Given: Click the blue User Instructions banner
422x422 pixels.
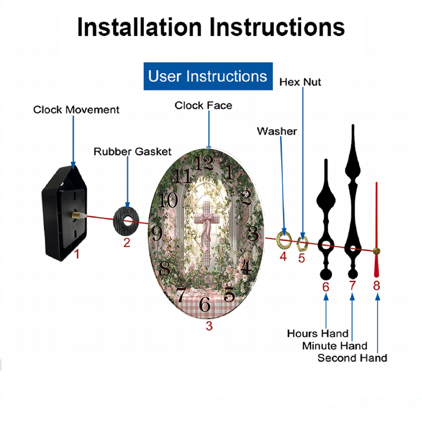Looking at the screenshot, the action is click(x=208, y=76).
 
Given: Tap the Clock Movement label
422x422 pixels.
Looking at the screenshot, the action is click(x=76, y=110).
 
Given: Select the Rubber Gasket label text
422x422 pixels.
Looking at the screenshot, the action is click(x=133, y=151).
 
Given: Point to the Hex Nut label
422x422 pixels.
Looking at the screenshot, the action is click(x=300, y=82).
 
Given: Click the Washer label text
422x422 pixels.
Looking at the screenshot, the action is click(x=277, y=131).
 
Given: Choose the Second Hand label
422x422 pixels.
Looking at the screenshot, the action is click(x=352, y=358).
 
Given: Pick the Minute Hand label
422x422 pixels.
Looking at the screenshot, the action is click(x=335, y=346).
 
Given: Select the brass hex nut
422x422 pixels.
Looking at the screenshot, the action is click(x=302, y=244).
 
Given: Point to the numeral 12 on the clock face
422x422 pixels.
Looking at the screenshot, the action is click(x=204, y=163).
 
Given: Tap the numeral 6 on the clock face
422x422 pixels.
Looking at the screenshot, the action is click(x=205, y=304).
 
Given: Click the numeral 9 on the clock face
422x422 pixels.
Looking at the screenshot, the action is click(x=157, y=233).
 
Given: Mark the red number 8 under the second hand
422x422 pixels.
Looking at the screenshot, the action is click(x=376, y=286).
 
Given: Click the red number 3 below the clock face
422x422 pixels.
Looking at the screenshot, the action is click(x=209, y=326).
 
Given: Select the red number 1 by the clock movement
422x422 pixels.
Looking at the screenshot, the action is click(x=77, y=254).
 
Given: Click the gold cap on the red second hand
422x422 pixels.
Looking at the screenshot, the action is click(x=376, y=252).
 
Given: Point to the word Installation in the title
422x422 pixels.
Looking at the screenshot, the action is click(x=139, y=27).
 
